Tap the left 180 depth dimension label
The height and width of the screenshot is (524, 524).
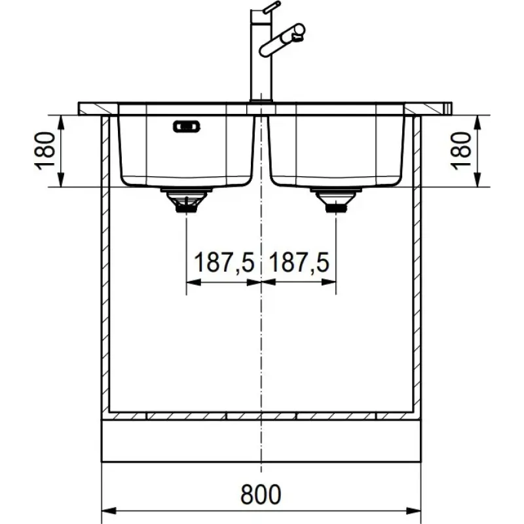(45, 151)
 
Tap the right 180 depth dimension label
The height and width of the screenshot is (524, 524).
(461, 151)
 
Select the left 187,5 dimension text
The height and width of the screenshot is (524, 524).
(224, 263)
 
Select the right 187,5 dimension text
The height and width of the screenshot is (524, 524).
(299, 263)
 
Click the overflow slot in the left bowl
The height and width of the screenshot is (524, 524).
(187, 126)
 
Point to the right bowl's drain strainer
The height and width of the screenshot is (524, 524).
(336, 200)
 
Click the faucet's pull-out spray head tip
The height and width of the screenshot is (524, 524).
(299, 31)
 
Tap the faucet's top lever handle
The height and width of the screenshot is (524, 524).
(272, 7)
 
